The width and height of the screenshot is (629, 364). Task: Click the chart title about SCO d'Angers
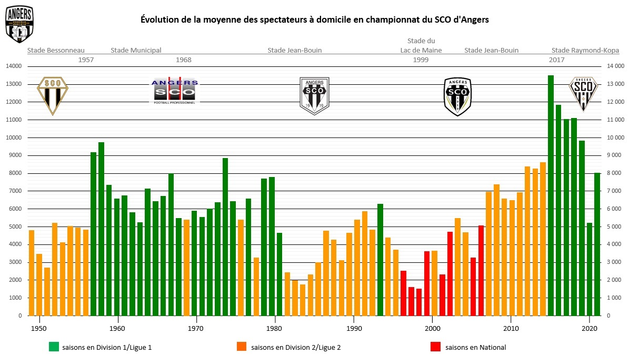pyautogui.click(x=315, y=19)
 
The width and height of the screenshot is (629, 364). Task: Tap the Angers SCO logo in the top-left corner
pyautogui.click(x=19, y=24)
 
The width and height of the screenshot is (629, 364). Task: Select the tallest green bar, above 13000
pyautogui.click(x=551, y=195)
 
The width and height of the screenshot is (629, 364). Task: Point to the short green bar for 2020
pyautogui.click(x=590, y=269)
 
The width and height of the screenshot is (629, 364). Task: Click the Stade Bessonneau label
pyautogui.click(x=56, y=51)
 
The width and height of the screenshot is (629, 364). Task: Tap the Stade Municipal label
pyautogui.click(x=136, y=51)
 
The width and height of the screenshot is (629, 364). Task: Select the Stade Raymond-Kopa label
pyautogui.click(x=585, y=51)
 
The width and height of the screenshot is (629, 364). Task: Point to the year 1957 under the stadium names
pyautogui.click(x=86, y=60)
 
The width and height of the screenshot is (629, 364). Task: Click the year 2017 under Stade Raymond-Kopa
pyautogui.click(x=556, y=60)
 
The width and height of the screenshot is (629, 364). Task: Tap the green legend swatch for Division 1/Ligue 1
pyautogui.click(x=53, y=347)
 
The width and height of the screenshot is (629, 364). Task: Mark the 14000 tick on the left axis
pyautogui.click(x=14, y=66)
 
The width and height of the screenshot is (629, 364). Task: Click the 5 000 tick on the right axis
pyautogui.click(x=615, y=227)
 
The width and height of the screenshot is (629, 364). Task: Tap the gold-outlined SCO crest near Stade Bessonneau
pyautogui.click(x=52, y=95)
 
